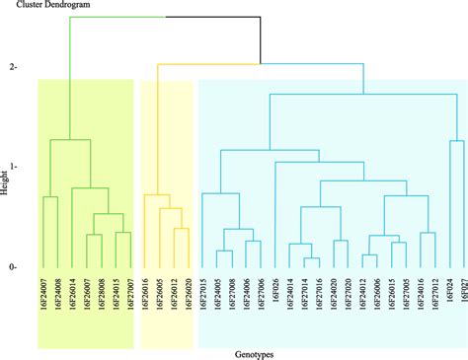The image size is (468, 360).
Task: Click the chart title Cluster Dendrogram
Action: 43,7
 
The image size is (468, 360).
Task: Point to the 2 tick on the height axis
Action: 14,67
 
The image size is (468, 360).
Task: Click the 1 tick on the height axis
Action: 14,167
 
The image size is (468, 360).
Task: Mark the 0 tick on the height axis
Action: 14,267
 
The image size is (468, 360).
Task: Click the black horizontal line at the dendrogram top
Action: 212,18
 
